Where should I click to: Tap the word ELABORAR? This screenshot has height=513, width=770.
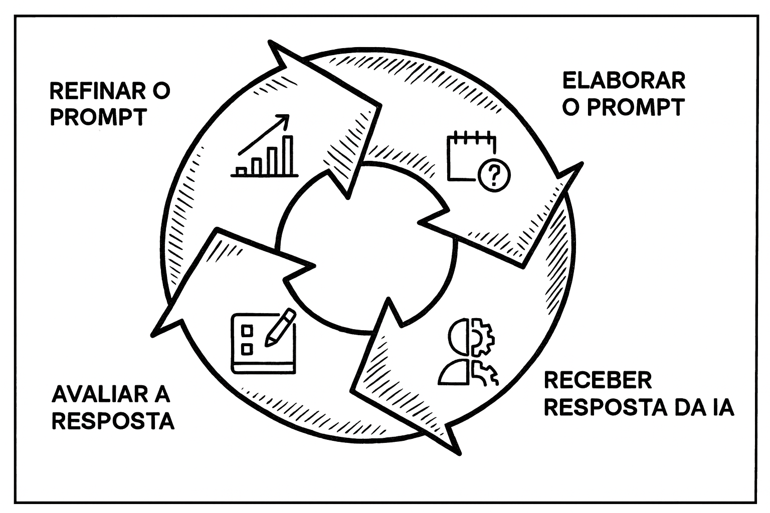[624, 81]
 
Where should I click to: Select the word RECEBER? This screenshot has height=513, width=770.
[598, 381]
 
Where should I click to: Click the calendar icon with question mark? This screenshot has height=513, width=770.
[478, 160]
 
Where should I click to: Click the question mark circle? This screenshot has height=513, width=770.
[494, 175]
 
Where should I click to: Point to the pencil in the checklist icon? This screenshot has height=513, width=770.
[281, 326]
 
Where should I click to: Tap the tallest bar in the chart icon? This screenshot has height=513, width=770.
[288, 155]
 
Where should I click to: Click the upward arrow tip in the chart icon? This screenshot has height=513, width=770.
[286, 118]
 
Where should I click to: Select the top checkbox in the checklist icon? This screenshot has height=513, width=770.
[247, 330]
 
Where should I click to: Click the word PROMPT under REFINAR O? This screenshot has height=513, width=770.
[98, 117]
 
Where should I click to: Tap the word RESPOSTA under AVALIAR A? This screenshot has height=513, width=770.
[113, 421]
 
